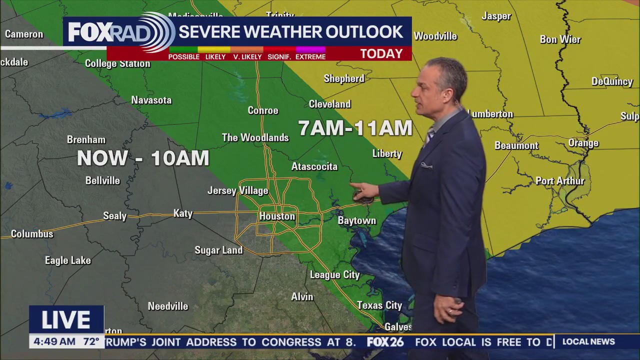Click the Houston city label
click(x=277, y=216)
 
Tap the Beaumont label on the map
click(x=516, y=145)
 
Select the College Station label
click(x=117, y=63)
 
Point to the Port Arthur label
click(x=560, y=181)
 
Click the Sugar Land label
click(x=218, y=250)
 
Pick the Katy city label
click(x=183, y=213)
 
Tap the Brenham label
click(x=86, y=140)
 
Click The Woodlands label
click(x=255, y=137)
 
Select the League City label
click(x=334, y=274)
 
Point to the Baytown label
click(x=356, y=220)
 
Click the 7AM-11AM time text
click(x=355, y=128)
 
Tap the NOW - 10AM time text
click(x=143, y=158)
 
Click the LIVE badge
click(x=66, y=320)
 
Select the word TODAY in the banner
click(x=381, y=53)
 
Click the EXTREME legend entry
click(x=310, y=56)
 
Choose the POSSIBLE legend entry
click(x=183, y=56)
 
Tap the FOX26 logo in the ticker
click(x=385, y=342)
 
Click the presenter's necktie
click(x=429, y=136)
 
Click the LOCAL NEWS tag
click(x=588, y=342)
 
